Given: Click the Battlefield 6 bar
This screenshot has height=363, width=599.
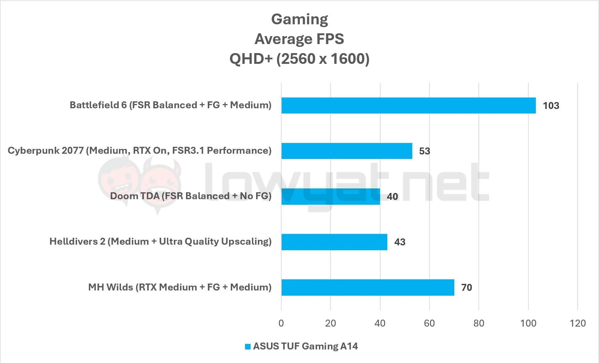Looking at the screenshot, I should tap(408, 105).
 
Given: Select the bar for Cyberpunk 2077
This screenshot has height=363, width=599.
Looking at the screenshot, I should tap(346, 151).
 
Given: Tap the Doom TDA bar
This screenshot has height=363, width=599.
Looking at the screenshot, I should tap(330, 196).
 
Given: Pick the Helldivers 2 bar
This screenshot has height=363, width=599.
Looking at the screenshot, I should tap(334, 242).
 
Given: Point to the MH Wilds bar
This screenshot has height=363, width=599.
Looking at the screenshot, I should tap(367, 287).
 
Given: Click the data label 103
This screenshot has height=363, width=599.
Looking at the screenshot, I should tap(551, 106).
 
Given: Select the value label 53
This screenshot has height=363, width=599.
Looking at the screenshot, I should tap(424, 151).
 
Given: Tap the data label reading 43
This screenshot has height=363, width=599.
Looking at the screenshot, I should tap(400, 242).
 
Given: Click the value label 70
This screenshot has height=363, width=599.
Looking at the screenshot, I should tap(466, 288).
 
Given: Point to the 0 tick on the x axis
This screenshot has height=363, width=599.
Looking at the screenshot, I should tap(281, 323).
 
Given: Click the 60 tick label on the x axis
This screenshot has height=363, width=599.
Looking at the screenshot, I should tap(429, 323).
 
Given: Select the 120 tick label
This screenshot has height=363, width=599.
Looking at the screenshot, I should tap(577, 323).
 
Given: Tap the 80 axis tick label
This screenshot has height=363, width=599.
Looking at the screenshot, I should tap(479, 323).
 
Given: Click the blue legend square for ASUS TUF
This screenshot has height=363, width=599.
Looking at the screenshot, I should tap(248, 347).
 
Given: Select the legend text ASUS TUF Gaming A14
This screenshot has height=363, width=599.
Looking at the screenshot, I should tap(305, 346).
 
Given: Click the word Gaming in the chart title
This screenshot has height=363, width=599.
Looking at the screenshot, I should tap(299, 19).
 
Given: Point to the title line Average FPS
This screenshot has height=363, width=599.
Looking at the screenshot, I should tap(299, 39).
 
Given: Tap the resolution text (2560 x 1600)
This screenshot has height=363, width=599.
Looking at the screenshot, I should tap(323, 59).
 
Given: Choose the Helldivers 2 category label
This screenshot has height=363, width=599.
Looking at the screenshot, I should tap(160, 242).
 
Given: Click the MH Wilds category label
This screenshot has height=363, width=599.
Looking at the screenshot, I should tap(180, 287).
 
